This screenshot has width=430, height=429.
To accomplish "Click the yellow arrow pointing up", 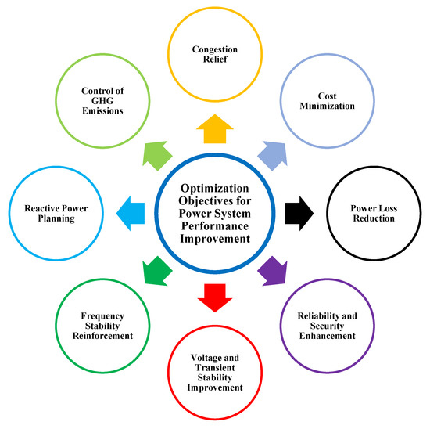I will [x=215, y=128].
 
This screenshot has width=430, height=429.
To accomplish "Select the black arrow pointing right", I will [x=299, y=211].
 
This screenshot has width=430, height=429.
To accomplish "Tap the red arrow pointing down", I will [x=215, y=296].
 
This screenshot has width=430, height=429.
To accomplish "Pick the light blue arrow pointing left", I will [x=131, y=211].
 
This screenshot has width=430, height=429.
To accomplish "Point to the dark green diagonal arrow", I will [x=156, y=271].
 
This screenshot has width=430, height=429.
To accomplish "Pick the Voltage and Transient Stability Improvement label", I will [x=215, y=370].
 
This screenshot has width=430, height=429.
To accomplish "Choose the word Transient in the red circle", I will [x=215, y=370].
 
